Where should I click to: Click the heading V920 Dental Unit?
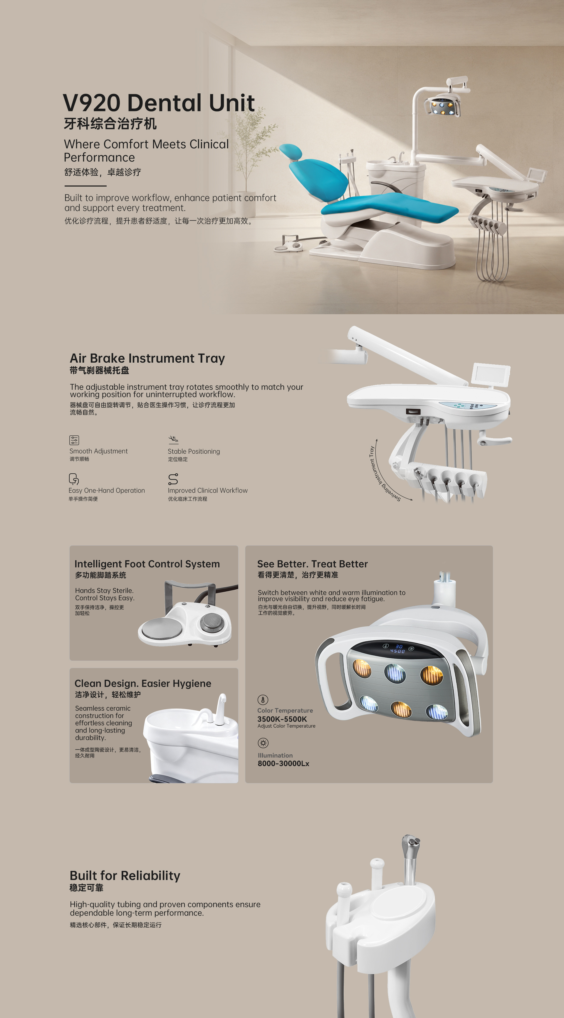coord(159,103)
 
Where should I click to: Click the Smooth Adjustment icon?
coord(74,440)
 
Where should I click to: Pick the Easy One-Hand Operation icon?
coord(73,479)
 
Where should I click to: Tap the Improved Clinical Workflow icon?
coord(173,479)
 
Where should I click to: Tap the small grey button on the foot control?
coord(213,622)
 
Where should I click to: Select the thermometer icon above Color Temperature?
coord(263,700)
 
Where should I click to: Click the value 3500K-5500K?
coord(282,719)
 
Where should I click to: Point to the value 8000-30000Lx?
coord(283,763)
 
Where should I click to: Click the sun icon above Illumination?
coord(263,743)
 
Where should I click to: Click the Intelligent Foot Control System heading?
coord(147,564)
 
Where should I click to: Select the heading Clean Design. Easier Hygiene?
coord(143,683)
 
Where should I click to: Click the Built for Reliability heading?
coord(125,875)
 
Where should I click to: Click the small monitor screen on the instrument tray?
coord(491,373)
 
